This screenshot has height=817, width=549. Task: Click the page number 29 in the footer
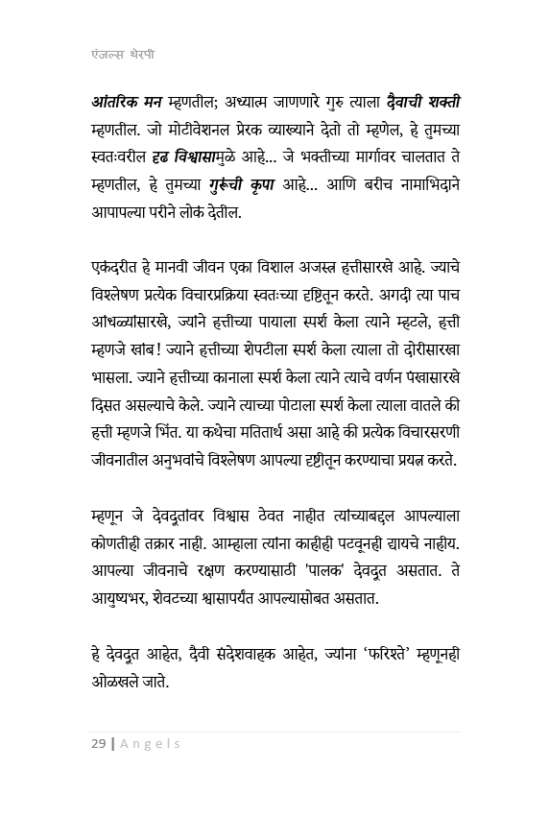[97, 744]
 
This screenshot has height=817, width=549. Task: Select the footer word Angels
[149, 744]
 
